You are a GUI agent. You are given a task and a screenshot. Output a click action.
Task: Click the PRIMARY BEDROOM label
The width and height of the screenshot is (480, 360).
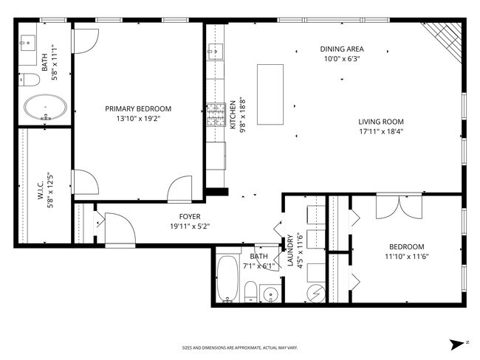pyautogui.click(x=138, y=108)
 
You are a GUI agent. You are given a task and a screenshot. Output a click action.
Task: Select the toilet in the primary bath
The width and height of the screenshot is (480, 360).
pyautogui.click(x=29, y=80)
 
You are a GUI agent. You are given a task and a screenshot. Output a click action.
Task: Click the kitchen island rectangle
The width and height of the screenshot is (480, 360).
pyautogui.click(x=270, y=94)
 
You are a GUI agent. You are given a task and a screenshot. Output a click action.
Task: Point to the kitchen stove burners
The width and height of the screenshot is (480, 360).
pyautogui.click(x=216, y=115)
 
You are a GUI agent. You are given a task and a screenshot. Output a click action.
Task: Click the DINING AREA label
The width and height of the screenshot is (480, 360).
pyautogui.click(x=342, y=49)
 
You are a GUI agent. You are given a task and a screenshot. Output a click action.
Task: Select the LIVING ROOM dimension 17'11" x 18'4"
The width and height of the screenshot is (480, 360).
pyautogui.click(x=381, y=131)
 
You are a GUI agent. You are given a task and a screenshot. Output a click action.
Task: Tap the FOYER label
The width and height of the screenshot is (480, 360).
pyautogui.click(x=190, y=217)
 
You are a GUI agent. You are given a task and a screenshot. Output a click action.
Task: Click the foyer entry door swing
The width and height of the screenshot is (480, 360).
pyautogui.click(x=120, y=229)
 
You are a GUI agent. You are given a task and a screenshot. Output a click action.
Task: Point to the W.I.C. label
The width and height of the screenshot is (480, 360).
pyautogui.click(x=41, y=190)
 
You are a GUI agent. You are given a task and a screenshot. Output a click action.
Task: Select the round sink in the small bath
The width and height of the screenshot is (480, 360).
pyautogui.click(x=270, y=294)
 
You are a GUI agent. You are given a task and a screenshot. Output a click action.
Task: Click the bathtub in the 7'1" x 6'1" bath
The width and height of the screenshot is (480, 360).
pyautogui.click(x=227, y=279)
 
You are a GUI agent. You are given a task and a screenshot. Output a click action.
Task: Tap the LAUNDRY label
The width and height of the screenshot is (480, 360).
pyautogui.click(x=290, y=250)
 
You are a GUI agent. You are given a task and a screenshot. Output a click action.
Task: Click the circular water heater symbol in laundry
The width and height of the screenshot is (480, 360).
pyautogui.click(x=316, y=294)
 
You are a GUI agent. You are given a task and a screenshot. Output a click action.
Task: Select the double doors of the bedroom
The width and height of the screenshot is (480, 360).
pyautogui.click(x=399, y=207)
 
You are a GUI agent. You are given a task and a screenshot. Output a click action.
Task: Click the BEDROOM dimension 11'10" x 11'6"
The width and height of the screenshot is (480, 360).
pyautogui.click(x=407, y=256)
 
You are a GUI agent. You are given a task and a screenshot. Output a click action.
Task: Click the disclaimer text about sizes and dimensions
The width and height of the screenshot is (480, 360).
pyautogui.click(x=240, y=347)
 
